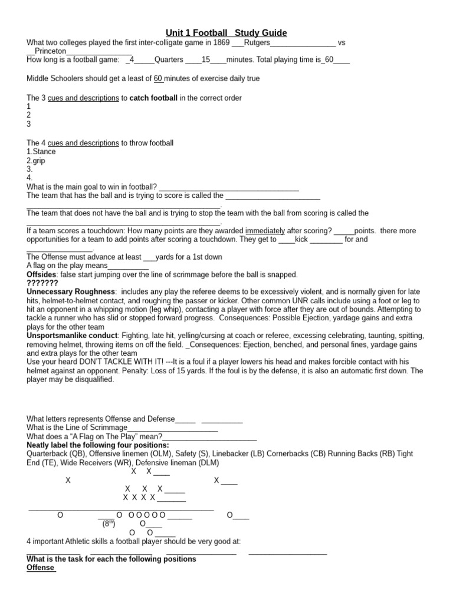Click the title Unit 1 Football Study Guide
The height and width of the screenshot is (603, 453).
pos(226,33)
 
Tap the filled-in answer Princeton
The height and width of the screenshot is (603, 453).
pos(51,51)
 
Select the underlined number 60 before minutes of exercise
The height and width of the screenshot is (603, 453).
pos(158,78)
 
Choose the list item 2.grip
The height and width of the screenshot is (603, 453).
pos(37,160)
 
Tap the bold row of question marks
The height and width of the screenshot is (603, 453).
pos(42,283)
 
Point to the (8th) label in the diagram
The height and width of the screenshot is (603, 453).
pos(109,523)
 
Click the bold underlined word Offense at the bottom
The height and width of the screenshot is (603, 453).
pos(41,568)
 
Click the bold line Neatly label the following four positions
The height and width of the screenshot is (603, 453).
pos(98,445)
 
